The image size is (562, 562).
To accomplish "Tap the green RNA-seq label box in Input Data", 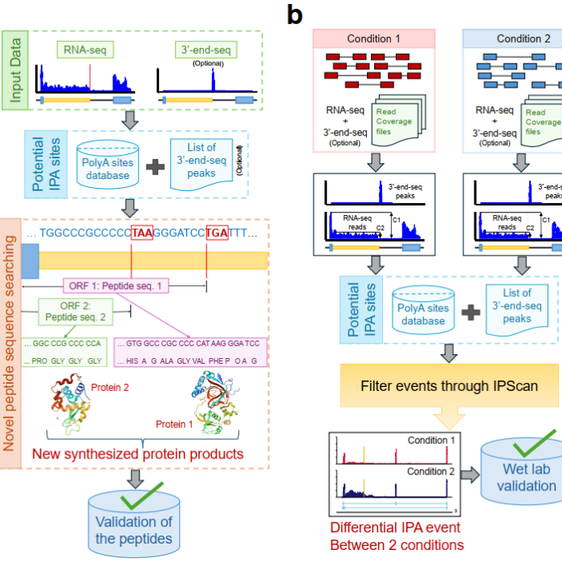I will [83, 51].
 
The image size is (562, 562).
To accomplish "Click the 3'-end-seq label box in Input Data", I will [202, 51].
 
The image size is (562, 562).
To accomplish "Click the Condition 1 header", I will [373, 39].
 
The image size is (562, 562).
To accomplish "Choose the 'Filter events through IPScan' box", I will [449, 386].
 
